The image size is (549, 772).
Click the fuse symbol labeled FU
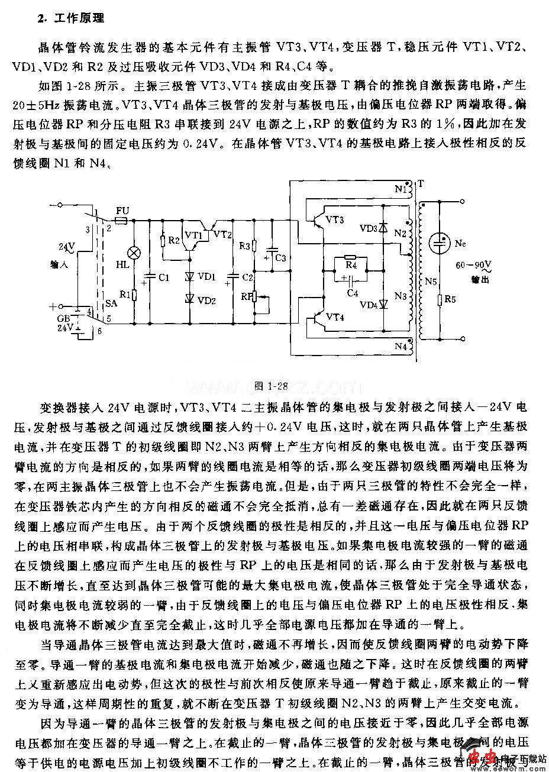122,221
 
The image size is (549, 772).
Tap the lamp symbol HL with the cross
134,253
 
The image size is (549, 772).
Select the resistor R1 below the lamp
134,294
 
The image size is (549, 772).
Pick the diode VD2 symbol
189,298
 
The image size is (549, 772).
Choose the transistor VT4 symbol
320,317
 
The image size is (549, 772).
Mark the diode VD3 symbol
383,227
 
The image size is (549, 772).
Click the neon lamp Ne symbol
439,241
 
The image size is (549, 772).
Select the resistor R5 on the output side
439,301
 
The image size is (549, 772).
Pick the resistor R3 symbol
254,246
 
